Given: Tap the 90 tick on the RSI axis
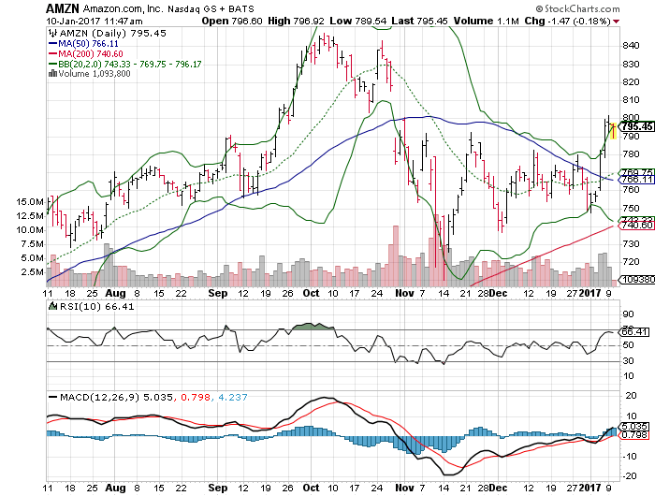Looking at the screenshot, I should pyautogui.click(x=627, y=314).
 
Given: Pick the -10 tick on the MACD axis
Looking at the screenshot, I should pyautogui.click(x=629, y=456).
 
